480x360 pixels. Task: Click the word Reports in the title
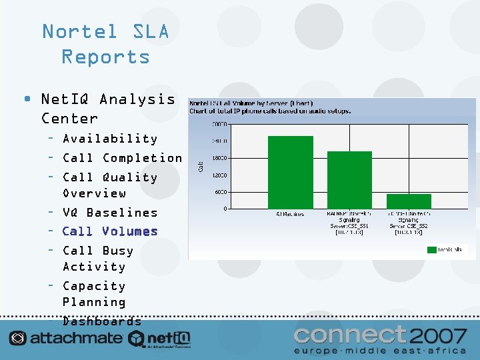(x=105, y=57)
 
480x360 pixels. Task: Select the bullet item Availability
(x=110, y=139)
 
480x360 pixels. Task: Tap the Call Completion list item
(x=122, y=158)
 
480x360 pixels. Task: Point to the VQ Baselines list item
(x=110, y=213)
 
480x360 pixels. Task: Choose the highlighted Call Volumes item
(x=110, y=231)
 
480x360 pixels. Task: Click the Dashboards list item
(x=102, y=321)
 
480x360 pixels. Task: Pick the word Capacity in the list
(x=94, y=286)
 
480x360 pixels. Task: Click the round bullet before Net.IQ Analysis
(x=26, y=99)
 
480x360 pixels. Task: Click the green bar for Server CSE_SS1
(x=349, y=180)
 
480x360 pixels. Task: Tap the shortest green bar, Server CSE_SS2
(x=409, y=201)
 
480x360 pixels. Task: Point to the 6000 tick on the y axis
(x=219, y=192)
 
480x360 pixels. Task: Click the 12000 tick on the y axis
(x=219, y=175)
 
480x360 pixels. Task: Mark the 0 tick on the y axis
(x=225, y=209)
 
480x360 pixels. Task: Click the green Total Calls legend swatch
(x=431, y=249)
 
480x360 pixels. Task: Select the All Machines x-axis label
(x=290, y=214)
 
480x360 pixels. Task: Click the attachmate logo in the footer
(x=66, y=338)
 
